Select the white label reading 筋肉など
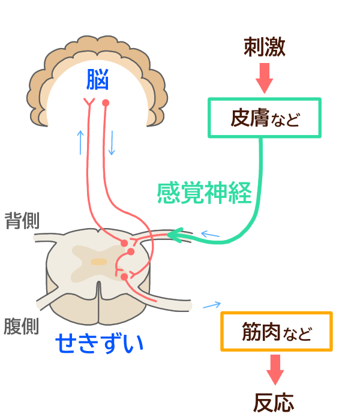[x=277, y=331]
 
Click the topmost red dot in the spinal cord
[x=125, y=244]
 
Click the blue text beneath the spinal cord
[x=96, y=339]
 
